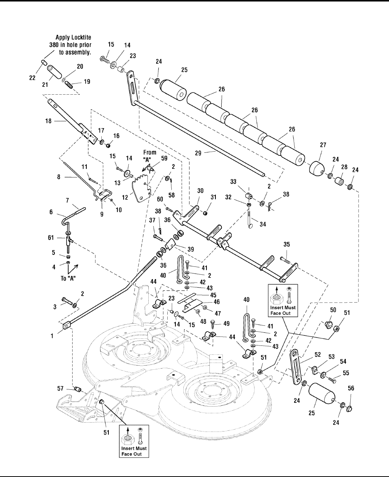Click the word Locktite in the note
point(81,38)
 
